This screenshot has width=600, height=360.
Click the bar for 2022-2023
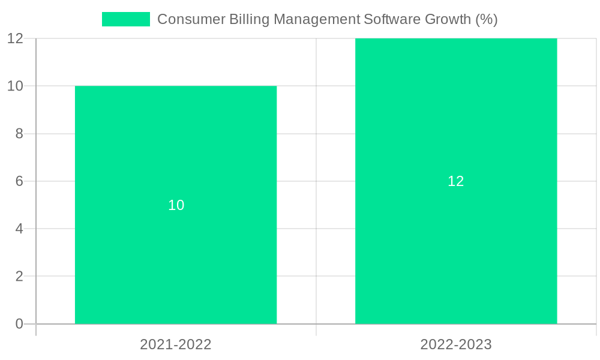pos(456,240)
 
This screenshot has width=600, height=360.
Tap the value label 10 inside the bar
pos(176,205)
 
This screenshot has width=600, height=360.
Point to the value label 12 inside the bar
pos(456,181)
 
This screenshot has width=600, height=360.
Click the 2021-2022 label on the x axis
pos(176,344)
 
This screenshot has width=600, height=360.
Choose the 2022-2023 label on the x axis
pos(456,344)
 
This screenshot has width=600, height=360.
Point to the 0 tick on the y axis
pos(19,324)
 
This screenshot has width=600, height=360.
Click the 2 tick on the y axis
pos(19,277)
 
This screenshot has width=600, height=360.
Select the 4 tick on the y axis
pos(19,229)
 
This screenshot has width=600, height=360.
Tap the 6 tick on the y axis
pos(19,181)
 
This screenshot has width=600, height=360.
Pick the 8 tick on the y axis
pos(19,134)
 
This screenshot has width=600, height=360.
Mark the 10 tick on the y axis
pos(16,86)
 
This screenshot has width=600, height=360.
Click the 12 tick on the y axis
pos(16,38)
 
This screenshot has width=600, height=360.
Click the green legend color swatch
pos(126,19)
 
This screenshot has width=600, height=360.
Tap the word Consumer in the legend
pos(191,19)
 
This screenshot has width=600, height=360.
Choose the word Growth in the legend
pos(448,19)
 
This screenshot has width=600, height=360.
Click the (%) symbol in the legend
pos(487,19)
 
